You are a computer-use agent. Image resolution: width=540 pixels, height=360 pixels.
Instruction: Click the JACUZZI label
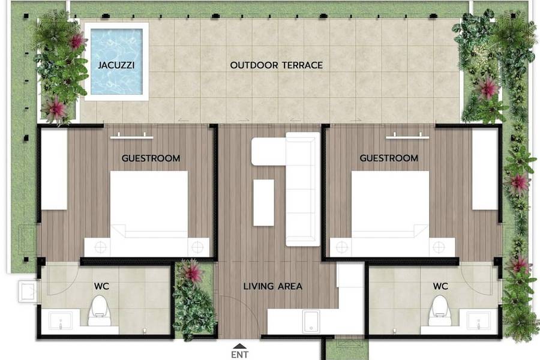[116, 65]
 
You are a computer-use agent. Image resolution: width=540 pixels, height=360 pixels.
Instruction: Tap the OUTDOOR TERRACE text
[276, 65]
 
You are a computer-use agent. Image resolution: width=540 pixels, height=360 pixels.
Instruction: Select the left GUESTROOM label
[151, 158]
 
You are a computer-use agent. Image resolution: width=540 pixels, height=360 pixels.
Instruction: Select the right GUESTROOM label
[389, 158]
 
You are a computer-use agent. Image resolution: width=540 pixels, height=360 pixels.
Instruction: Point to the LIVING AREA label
[273, 286]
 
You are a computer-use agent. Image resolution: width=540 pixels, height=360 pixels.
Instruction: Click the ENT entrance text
[239, 355]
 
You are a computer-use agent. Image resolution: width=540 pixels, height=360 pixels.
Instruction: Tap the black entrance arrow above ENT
[239, 346]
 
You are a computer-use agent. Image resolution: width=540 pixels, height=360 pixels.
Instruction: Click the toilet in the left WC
[100, 310]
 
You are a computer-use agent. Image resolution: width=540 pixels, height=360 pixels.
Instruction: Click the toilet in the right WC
[440, 310]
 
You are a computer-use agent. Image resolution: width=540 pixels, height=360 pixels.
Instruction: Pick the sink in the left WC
[61, 320]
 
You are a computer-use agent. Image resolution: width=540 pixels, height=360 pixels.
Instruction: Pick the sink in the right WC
[479, 320]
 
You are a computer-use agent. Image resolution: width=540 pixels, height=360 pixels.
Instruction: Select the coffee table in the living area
[264, 203]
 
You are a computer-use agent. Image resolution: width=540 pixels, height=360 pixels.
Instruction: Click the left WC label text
[101, 286]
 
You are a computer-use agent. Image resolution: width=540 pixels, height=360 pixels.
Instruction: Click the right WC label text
[440, 286]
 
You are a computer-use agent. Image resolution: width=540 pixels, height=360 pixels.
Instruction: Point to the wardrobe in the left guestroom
[54, 169]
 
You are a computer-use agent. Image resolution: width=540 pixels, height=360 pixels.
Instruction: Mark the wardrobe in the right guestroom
[485, 169]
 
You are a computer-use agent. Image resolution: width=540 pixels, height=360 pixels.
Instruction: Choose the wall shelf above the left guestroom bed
[132, 137]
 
